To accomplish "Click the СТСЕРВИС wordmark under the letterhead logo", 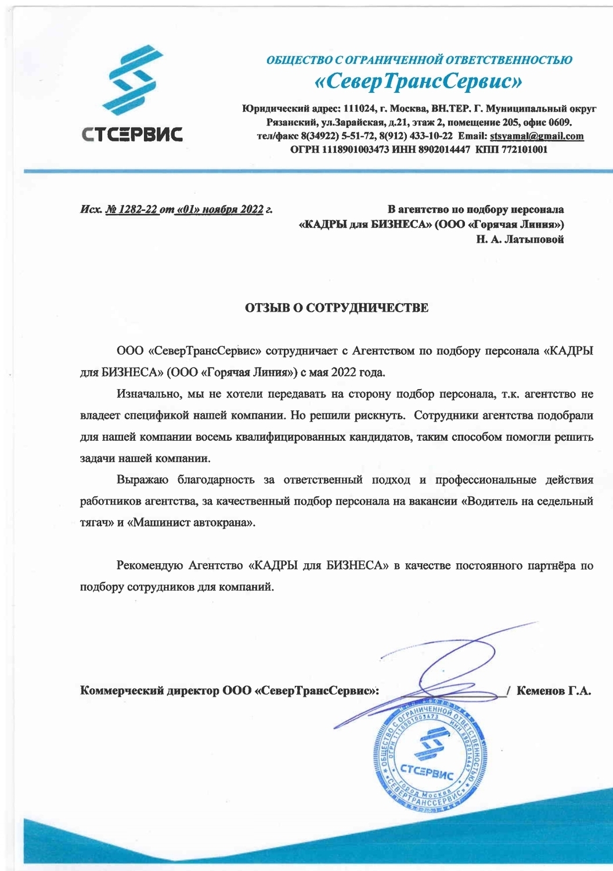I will (132, 135).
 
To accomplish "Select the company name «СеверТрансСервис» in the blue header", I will (419, 82).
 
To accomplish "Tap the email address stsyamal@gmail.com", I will (536, 136).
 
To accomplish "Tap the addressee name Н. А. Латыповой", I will (520, 239).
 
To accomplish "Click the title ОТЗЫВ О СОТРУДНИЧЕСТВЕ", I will (337, 308).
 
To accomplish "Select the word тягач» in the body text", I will (96, 523).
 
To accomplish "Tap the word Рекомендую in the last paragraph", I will (150, 566).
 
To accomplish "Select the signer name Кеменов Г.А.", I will (553, 691).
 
